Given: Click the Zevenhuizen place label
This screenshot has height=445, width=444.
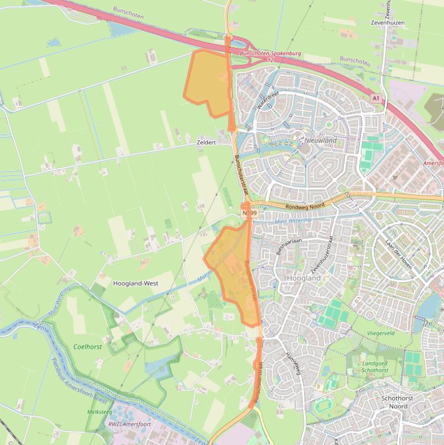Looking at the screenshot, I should click(x=387, y=23).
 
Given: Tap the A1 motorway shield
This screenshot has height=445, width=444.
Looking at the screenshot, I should click(x=376, y=99).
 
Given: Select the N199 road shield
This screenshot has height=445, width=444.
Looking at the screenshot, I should click(x=249, y=213).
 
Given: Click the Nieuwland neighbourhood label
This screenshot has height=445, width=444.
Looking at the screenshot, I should click(x=320, y=140).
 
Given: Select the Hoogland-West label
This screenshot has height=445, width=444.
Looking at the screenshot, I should click(x=136, y=284).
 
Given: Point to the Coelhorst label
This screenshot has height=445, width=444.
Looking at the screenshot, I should click(x=88, y=347).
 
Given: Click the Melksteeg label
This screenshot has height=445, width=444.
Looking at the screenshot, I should click(x=99, y=411).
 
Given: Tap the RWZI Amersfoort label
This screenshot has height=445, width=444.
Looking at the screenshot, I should click(x=129, y=424).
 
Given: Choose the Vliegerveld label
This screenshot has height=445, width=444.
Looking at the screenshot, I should click(x=380, y=333).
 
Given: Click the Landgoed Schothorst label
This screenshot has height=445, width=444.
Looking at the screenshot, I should click(x=375, y=367).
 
